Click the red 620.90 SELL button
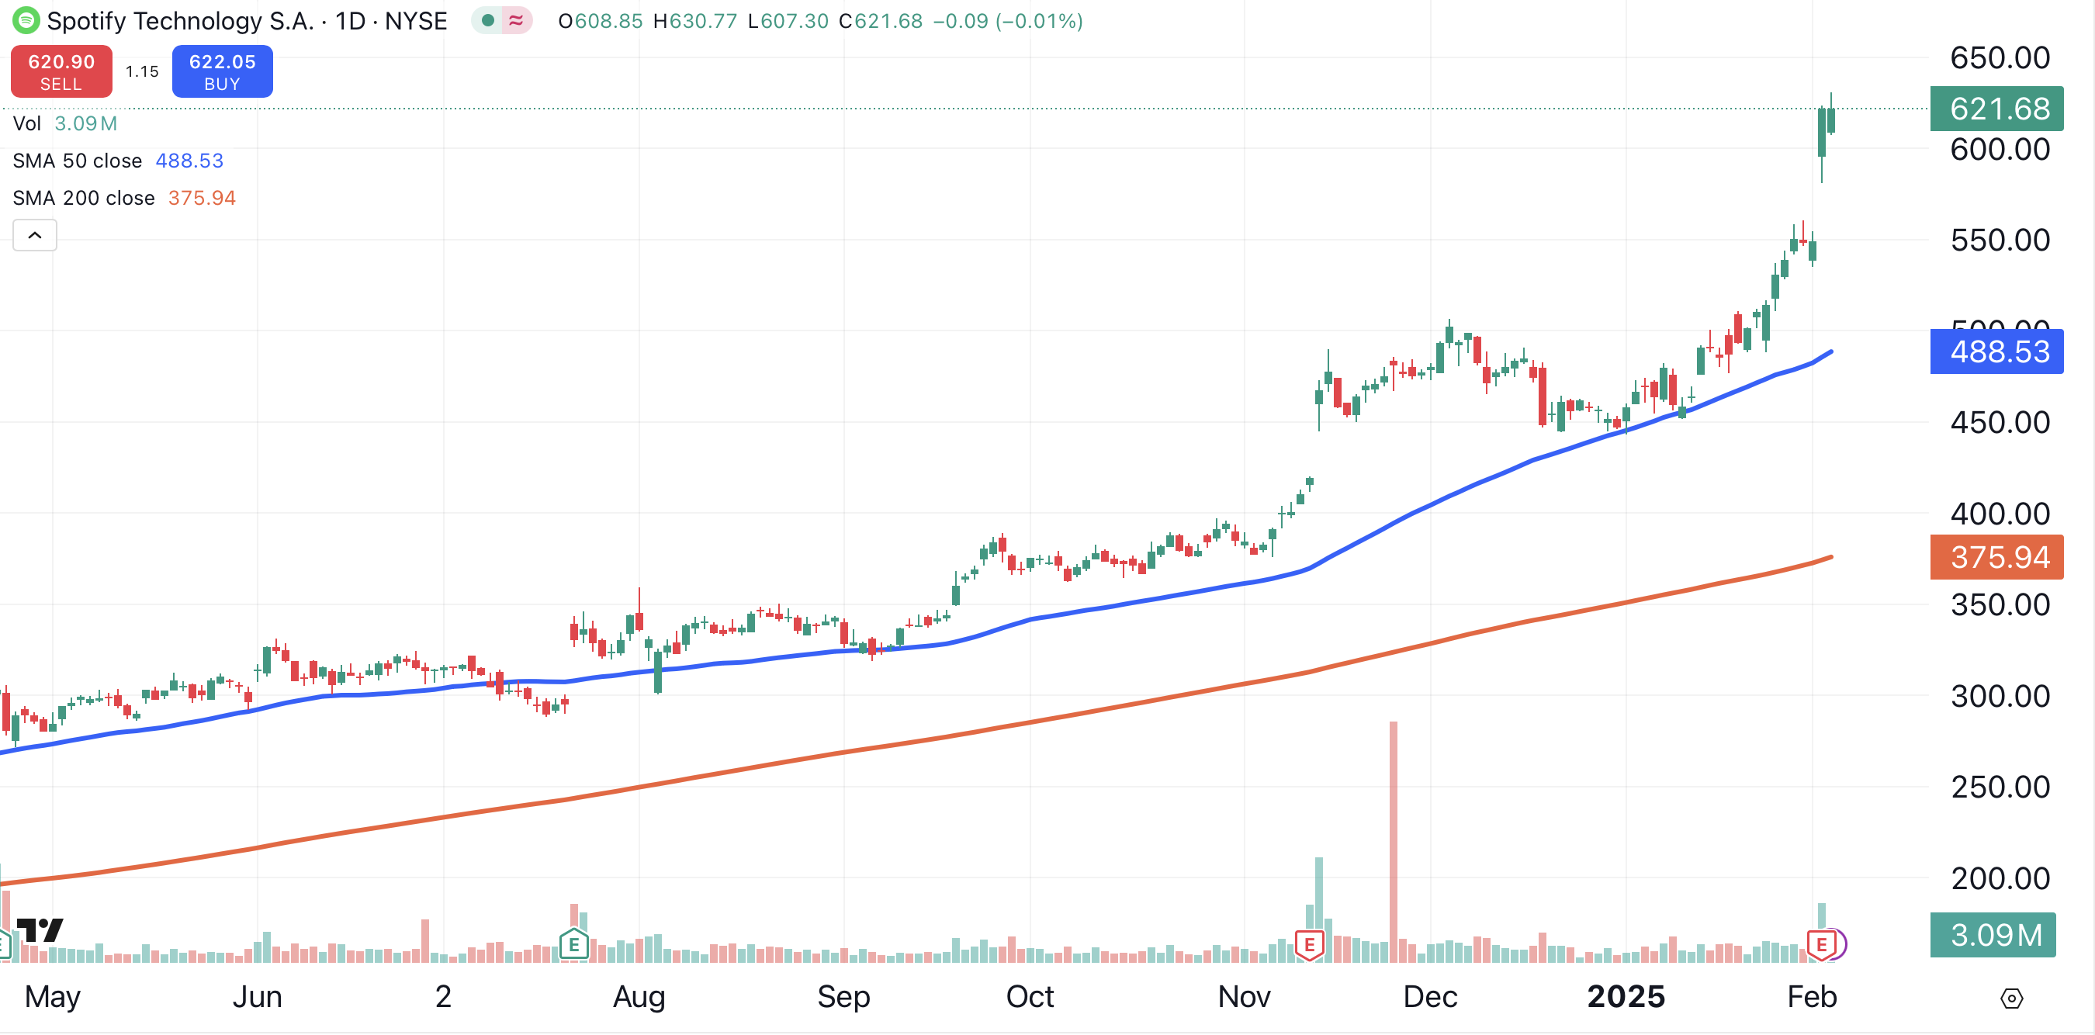tap(61, 71)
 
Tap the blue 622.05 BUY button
tap(222, 71)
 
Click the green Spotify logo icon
tap(26, 19)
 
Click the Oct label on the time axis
tap(1029, 996)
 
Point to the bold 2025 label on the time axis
tap(1626, 996)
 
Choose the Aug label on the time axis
tap(639, 996)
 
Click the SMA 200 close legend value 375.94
tap(202, 199)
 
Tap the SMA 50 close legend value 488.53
tap(189, 161)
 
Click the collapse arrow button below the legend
tap(35, 236)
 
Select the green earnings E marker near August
tap(573, 945)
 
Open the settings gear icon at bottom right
tap(2011, 998)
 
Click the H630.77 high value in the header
tap(695, 21)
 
